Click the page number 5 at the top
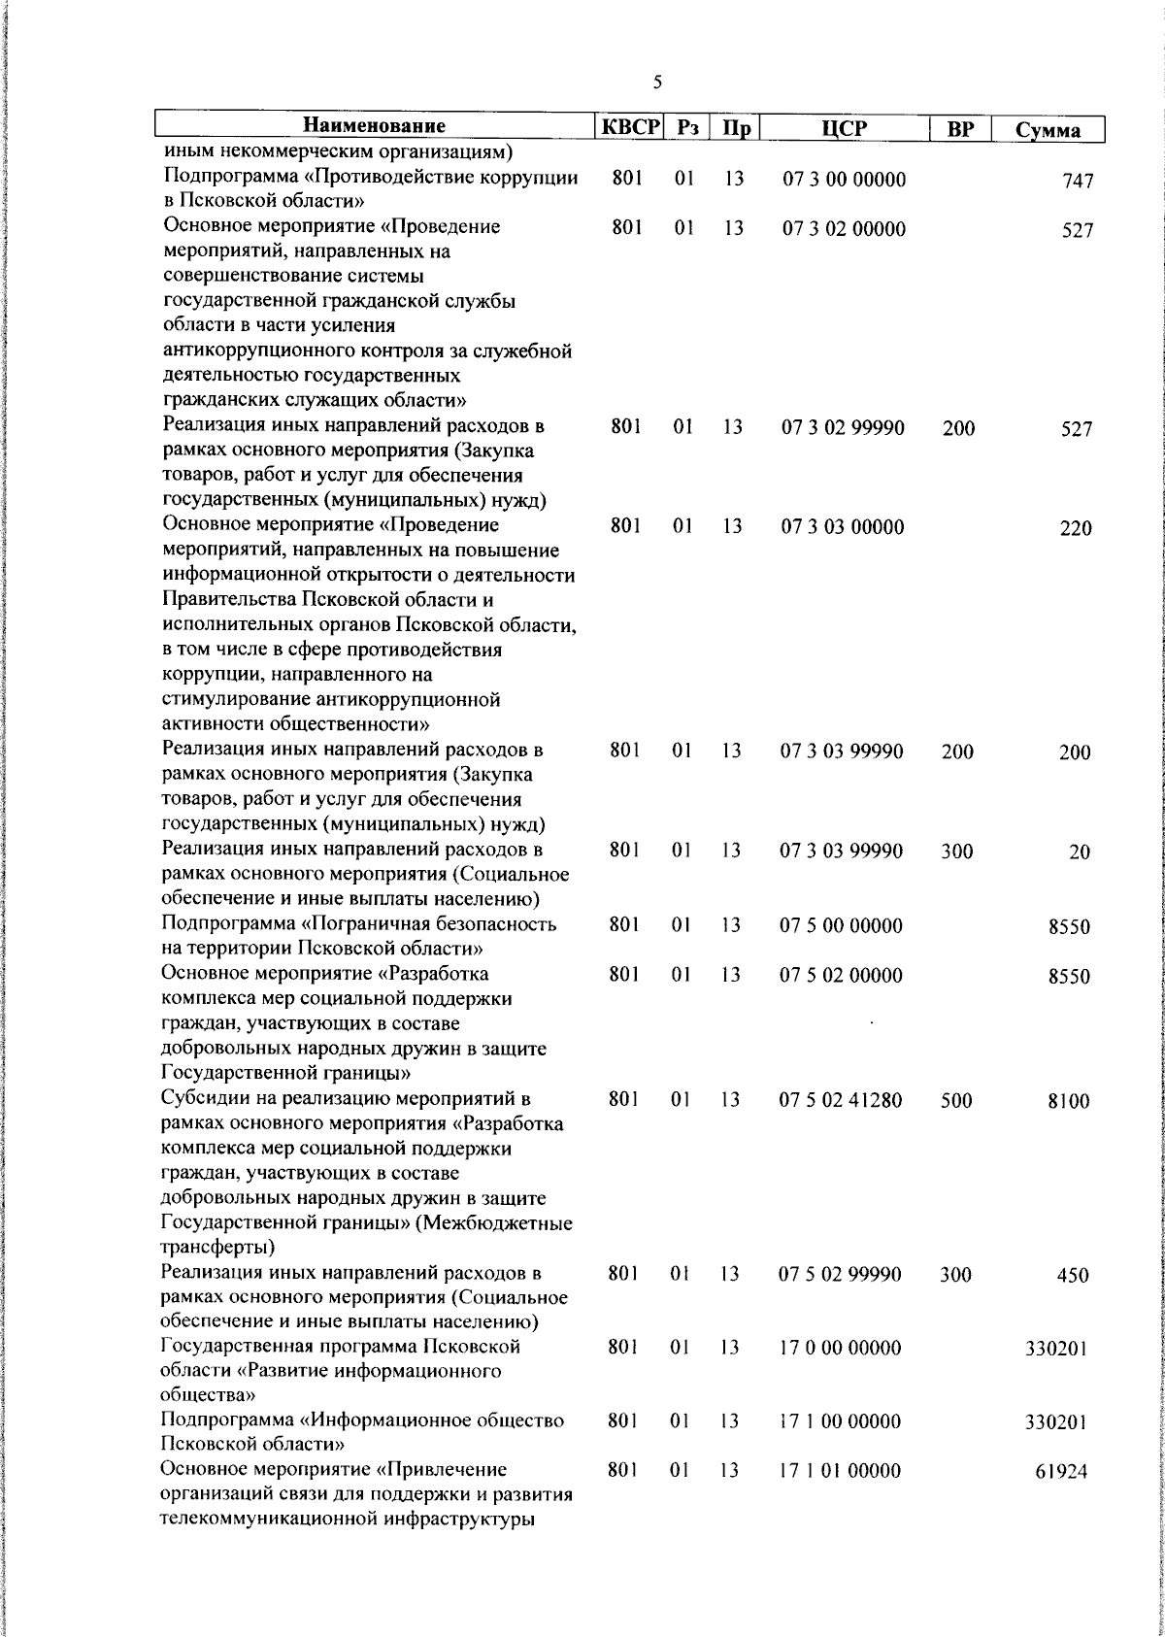tap(657, 84)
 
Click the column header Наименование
tap(375, 126)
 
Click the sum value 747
tap(1078, 182)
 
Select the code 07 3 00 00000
tap(844, 180)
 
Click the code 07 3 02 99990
tap(844, 427)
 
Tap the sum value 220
tap(1075, 529)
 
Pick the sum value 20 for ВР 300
tap(1080, 852)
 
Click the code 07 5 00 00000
tap(842, 925)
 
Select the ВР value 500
tap(956, 1101)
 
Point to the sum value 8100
tap(1069, 1102)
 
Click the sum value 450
tap(1073, 1276)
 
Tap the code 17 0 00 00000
tap(840, 1348)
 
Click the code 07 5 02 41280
tap(841, 1100)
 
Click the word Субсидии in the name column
tap(200, 1099)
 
